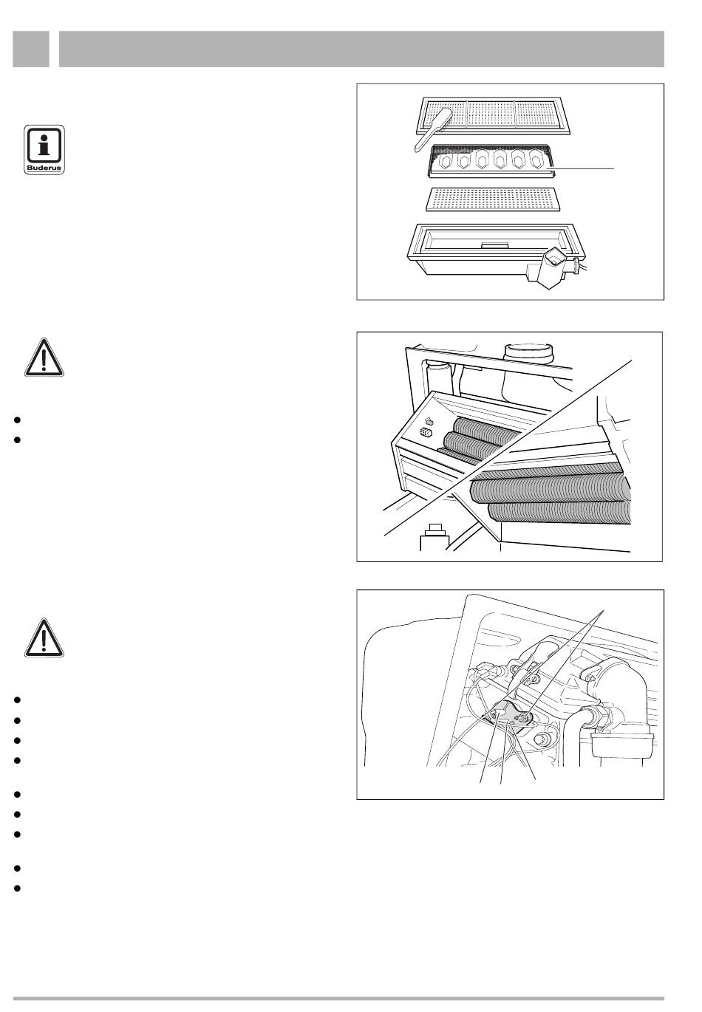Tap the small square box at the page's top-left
30,49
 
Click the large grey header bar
361,49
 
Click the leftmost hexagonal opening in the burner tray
446,160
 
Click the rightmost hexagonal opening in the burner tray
536,161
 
